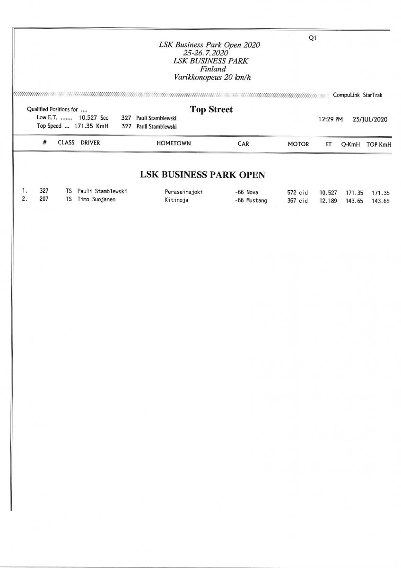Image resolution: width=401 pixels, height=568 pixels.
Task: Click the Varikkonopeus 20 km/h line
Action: click(209, 77)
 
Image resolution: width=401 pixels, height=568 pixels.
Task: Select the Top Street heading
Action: click(211, 109)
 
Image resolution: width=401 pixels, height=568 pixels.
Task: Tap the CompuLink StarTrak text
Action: click(357, 95)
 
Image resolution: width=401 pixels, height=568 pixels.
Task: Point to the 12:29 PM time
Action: click(331, 119)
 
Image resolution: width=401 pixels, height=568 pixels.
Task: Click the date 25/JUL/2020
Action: click(370, 119)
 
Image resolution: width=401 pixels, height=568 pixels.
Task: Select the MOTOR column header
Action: click(298, 144)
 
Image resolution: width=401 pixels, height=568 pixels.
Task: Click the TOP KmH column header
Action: click(379, 144)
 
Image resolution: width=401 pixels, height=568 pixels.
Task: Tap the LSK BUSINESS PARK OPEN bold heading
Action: click(202, 175)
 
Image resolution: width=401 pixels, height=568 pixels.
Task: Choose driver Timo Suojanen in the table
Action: click(96, 200)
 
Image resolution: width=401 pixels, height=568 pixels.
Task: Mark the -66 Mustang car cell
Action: click(251, 201)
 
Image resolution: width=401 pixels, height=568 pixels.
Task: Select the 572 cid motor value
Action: click(297, 193)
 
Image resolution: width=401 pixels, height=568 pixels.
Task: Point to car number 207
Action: click(44, 200)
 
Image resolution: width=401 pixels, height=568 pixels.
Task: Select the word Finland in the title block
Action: click(210, 69)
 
